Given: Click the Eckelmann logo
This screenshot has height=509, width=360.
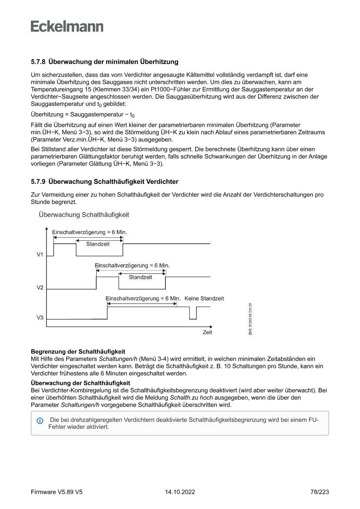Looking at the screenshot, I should [x=67, y=26].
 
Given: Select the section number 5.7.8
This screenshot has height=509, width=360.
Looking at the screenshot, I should [x=38, y=62].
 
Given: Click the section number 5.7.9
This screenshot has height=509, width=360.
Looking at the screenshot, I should [x=38, y=182].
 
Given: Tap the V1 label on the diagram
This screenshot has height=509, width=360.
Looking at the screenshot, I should [x=40, y=254].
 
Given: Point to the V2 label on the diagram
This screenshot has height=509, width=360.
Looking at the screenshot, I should [x=40, y=288].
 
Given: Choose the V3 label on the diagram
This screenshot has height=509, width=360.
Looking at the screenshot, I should [x=40, y=318].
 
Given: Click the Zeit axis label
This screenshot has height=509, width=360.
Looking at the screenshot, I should [x=207, y=332].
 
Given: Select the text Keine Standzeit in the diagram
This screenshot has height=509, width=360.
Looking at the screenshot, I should [x=204, y=299].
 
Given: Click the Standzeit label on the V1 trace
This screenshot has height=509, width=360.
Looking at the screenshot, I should [x=98, y=244].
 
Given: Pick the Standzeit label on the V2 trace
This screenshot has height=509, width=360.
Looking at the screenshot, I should [x=141, y=277].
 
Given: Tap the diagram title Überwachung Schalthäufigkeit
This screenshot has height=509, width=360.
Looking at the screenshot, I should [x=84, y=215].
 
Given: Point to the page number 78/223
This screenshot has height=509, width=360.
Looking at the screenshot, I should [x=320, y=492].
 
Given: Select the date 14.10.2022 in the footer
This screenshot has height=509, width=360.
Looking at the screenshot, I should [x=180, y=492].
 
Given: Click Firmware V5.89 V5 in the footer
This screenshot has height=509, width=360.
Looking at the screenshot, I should [x=57, y=492].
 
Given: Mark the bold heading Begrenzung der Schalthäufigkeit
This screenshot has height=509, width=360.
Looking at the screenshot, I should [x=78, y=351].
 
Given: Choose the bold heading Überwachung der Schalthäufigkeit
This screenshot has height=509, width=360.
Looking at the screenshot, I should [x=81, y=383].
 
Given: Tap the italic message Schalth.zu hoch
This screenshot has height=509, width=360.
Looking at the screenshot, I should [x=191, y=398].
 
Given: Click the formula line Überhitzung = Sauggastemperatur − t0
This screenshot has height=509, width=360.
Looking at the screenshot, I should [x=83, y=115].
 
